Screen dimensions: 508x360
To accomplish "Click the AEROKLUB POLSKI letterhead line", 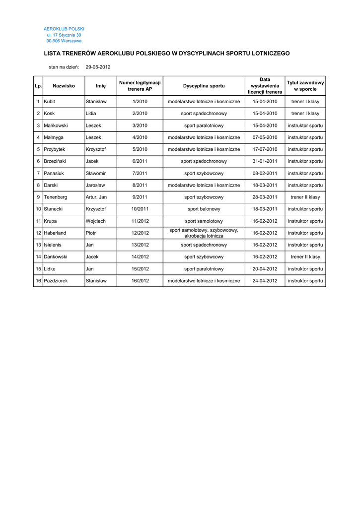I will [64, 29].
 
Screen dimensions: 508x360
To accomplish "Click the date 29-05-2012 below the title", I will [98, 66].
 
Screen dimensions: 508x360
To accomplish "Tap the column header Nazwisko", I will [64, 86].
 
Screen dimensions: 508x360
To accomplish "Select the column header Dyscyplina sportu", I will [204, 86].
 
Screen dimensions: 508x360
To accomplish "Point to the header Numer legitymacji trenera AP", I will [140, 86].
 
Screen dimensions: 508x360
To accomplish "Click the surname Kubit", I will [50, 102].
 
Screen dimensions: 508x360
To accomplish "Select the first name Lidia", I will [91, 114].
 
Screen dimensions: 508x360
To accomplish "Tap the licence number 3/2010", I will [140, 126].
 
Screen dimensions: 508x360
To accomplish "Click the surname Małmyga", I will [54, 137].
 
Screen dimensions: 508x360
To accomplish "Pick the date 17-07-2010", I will [265, 149].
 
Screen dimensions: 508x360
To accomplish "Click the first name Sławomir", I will [95, 173].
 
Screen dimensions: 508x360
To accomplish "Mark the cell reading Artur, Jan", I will [96, 197].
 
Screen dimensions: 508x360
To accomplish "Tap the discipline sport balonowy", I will [204, 209].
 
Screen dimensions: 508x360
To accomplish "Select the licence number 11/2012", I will [140, 221].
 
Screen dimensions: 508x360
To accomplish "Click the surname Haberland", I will [55, 233].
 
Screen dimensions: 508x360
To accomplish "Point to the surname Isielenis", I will [54, 245].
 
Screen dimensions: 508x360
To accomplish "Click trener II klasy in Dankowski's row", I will [305, 256].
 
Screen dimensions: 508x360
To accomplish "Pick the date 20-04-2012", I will [265, 268].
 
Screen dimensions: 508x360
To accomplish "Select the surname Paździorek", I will [56, 280].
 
